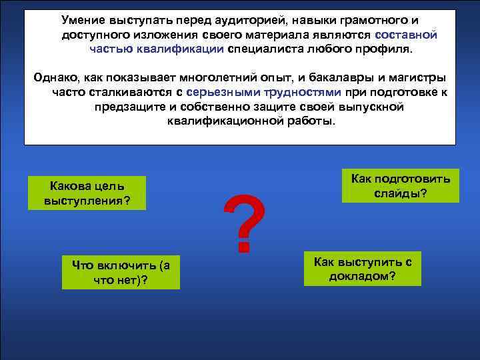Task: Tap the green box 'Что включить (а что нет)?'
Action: coord(121,272)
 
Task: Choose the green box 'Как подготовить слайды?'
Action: coord(400,186)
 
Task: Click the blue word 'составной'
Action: coord(406,35)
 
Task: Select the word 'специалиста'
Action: coord(262,49)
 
